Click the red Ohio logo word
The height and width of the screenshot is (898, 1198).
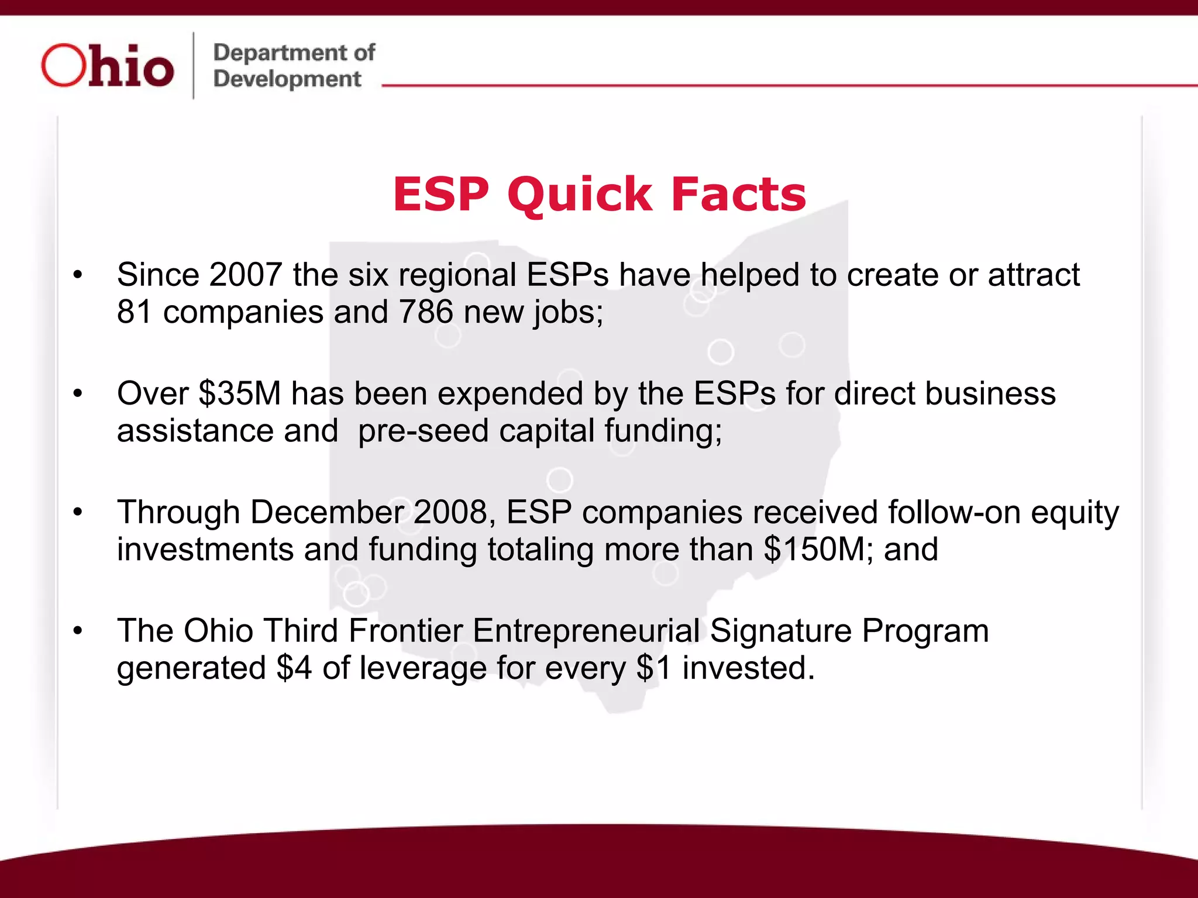point(108,66)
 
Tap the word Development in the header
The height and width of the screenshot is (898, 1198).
point(287,79)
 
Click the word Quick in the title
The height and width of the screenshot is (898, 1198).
point(579,195)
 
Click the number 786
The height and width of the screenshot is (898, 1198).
point(426,312)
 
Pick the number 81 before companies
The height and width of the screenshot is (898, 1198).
point(135,312)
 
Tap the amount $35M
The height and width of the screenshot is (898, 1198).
point(240,393)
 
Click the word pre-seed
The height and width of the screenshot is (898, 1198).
point(423,431)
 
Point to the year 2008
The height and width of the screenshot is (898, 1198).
point(450,513)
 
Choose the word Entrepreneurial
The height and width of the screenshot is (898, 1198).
point(586,631)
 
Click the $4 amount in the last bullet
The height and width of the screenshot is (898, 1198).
point(294,668)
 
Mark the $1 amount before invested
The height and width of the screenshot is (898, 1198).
point(654,668)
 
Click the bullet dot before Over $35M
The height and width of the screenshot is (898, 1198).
point(78,394)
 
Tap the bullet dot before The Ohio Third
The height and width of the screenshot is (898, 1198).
point(78,631)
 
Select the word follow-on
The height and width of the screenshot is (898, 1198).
point(953,513)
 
